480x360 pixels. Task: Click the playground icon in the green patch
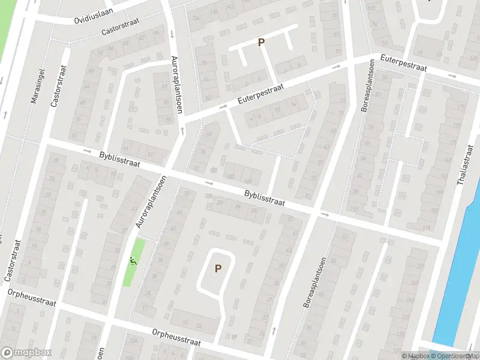click(x=133, y=261)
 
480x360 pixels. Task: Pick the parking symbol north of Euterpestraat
click(x=261, y=42)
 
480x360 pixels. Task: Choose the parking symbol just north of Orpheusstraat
click(x=218, y=269)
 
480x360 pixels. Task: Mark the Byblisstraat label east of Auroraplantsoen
click(x=264, y=199)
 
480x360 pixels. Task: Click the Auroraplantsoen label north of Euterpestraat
click(x=176, y=83)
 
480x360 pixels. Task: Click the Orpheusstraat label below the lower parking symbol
click(x=176, y=336)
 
